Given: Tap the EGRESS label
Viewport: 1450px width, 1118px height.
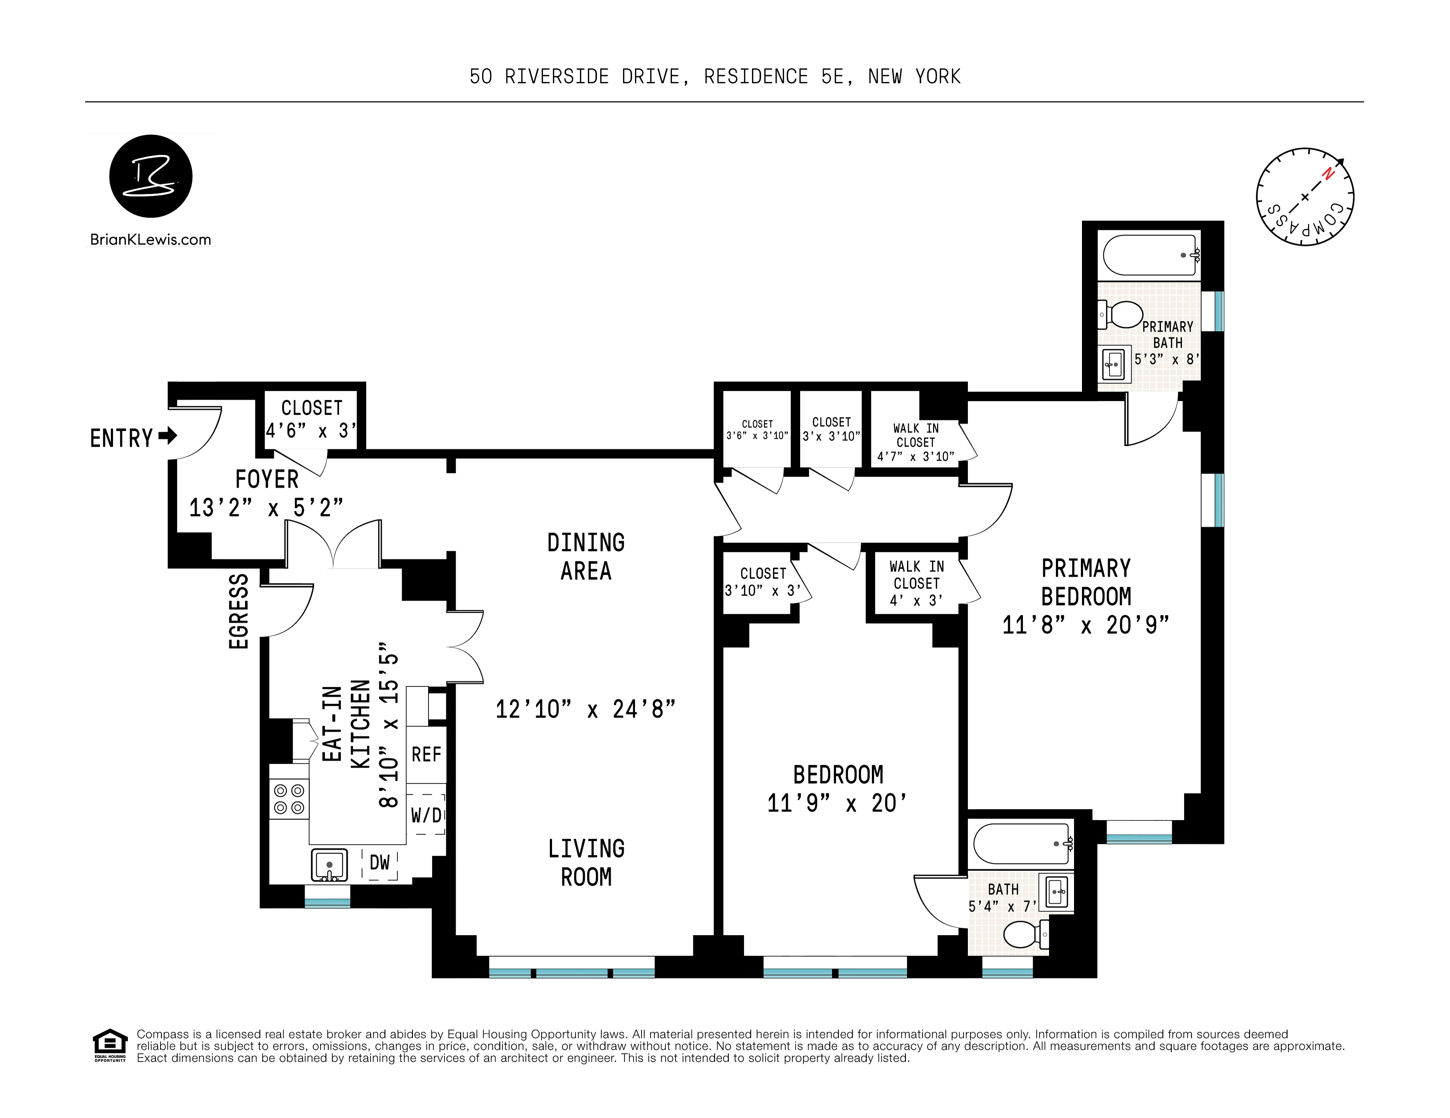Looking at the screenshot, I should (238, 611).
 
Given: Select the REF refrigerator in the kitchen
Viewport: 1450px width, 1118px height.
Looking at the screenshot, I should (426, 754).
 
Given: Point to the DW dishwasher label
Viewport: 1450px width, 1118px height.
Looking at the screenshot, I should (379, 862).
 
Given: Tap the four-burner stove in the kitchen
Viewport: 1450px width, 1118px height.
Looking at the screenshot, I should (289, 799).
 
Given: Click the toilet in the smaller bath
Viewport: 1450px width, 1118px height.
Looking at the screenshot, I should (1023, 934).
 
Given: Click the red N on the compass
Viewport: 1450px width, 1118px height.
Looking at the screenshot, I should (1327, 174).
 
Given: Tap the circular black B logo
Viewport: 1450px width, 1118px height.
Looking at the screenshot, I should (151, 176).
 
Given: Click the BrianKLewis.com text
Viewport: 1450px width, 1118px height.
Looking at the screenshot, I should (151, 240).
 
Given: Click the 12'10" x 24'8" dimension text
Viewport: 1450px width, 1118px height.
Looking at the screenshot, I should (585, 709).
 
